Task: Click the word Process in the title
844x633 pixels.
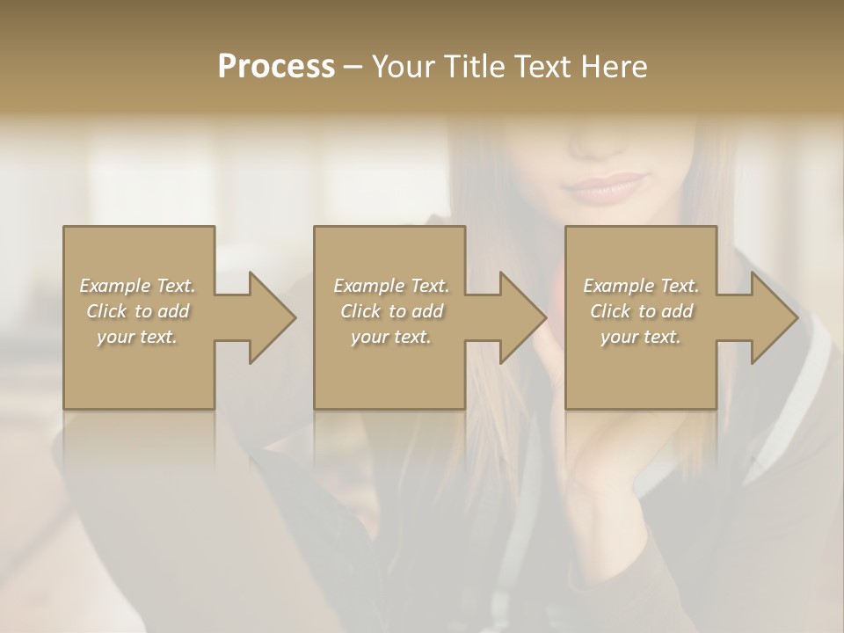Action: (x=276, y=67)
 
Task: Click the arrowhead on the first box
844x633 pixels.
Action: (x=268, y=317)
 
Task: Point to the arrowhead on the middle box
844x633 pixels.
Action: (x=519, y=317)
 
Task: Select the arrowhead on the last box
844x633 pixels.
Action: (x=770, y=317)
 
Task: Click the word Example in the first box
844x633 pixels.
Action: (x=115, y=286)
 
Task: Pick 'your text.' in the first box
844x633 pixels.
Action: (x=137, y=337)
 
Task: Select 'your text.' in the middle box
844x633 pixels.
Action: (x=391, y=337)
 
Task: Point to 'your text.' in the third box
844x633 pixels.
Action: (x=641, y=337)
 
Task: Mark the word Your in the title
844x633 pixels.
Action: (x=402, y=67)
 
